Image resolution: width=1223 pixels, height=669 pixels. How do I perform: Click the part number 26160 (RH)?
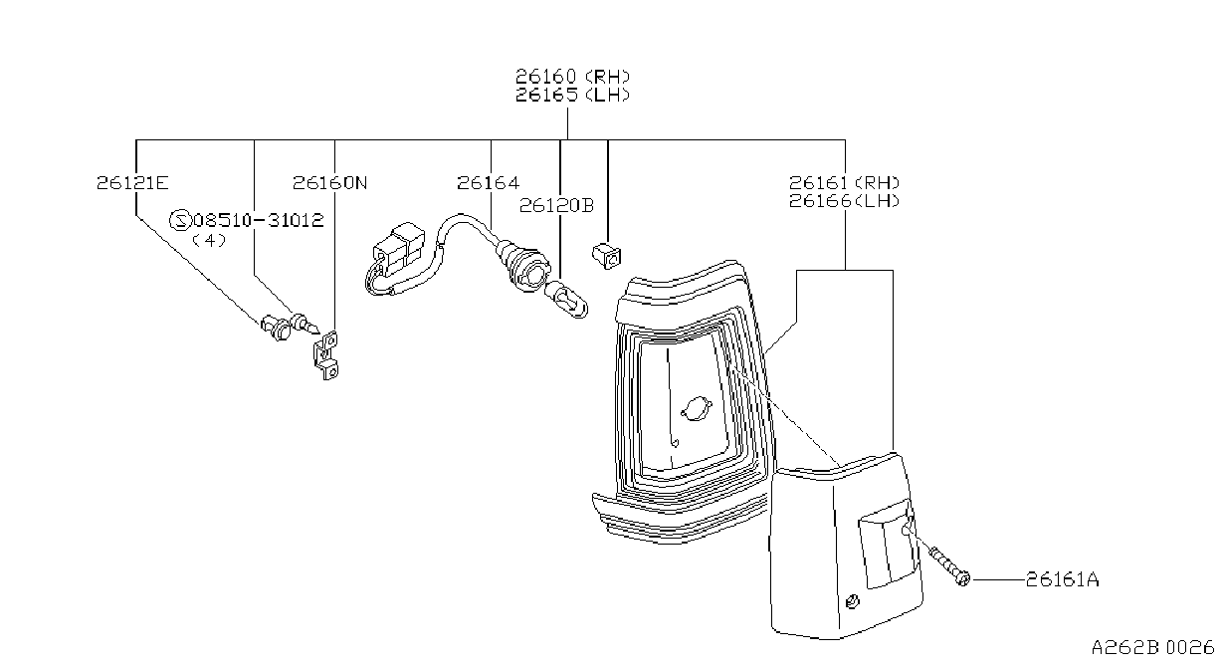pos(572,76)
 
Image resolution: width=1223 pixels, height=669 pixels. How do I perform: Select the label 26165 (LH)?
pos(572,95)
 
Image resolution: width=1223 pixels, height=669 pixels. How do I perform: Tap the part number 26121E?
pos(132,182)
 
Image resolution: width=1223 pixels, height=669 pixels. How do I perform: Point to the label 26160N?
pos(329,182)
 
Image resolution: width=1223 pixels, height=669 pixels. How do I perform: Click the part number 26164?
pos(489,182)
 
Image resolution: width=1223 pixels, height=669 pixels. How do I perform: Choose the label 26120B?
pos(556,205)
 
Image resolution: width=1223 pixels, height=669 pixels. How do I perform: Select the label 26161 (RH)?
pos(844,182)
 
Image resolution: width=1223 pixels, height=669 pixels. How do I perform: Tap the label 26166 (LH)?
pos(844,201)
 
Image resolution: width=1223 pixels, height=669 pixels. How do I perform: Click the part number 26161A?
pos(1062,578)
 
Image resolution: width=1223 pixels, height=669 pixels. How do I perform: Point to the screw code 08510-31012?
pos(259,220)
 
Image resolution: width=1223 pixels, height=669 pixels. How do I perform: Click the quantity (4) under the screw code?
pos(209,240)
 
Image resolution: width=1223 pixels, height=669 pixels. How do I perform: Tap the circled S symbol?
pos(180,220)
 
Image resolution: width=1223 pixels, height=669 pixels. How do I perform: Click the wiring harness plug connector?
pos(399,249)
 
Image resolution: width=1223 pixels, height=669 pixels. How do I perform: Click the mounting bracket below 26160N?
pos(326,355)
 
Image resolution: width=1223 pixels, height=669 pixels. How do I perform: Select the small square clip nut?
pos(607,256)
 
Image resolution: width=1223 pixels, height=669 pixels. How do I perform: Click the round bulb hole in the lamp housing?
pos(697,408)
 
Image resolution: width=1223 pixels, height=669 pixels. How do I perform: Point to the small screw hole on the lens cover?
pos(852,602)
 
